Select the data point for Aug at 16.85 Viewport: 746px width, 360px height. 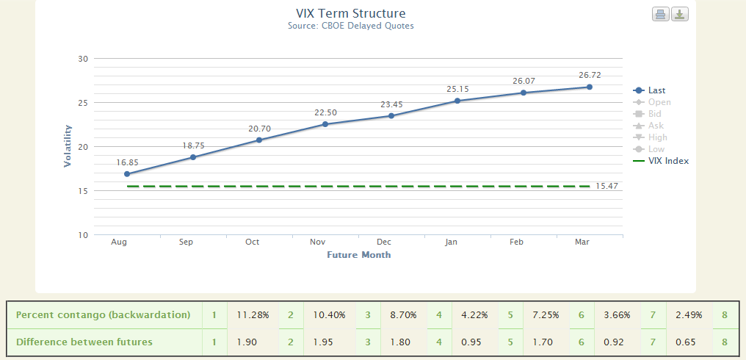pyautogui.click(x=127, y=174)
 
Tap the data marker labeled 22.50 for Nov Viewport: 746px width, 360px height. pyautogui.click(x=325, y=124)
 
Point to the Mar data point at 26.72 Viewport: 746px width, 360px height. pyautogui.click(x=590, y=87)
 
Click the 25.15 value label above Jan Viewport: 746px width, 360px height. pyautogui.click(x=457, y=89)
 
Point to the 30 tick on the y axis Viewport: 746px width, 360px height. pyautogui.click(x=82, y=59)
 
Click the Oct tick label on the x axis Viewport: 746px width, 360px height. pyautogui.click(x=252, y=242)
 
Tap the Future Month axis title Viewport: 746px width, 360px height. pyautogui.click(x=358, y=255)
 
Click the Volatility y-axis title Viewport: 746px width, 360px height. pyautogui.click(x=68, y=146)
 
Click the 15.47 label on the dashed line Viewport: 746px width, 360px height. pyautogui.click(x=607, y=187)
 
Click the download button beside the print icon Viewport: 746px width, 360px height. pyautogui.click(x=680, y=14)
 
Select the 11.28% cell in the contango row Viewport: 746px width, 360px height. pyautogui.click(x=253, y=315)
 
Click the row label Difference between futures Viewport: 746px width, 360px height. pyautogui.click(x=84, y=342)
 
